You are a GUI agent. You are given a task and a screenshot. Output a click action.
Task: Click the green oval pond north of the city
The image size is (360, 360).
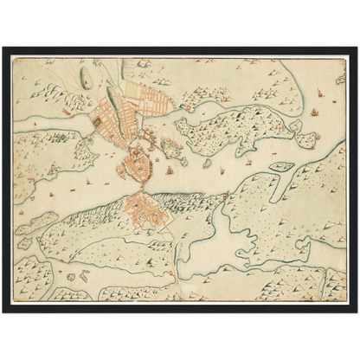pyautogui.click(x=85, y=77)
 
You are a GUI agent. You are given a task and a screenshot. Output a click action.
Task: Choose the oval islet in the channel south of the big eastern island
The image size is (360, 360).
pyautogui.click(x=280, y=166)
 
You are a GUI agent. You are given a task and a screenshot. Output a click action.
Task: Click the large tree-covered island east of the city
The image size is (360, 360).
pyautogui.click(x=234, y=130)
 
